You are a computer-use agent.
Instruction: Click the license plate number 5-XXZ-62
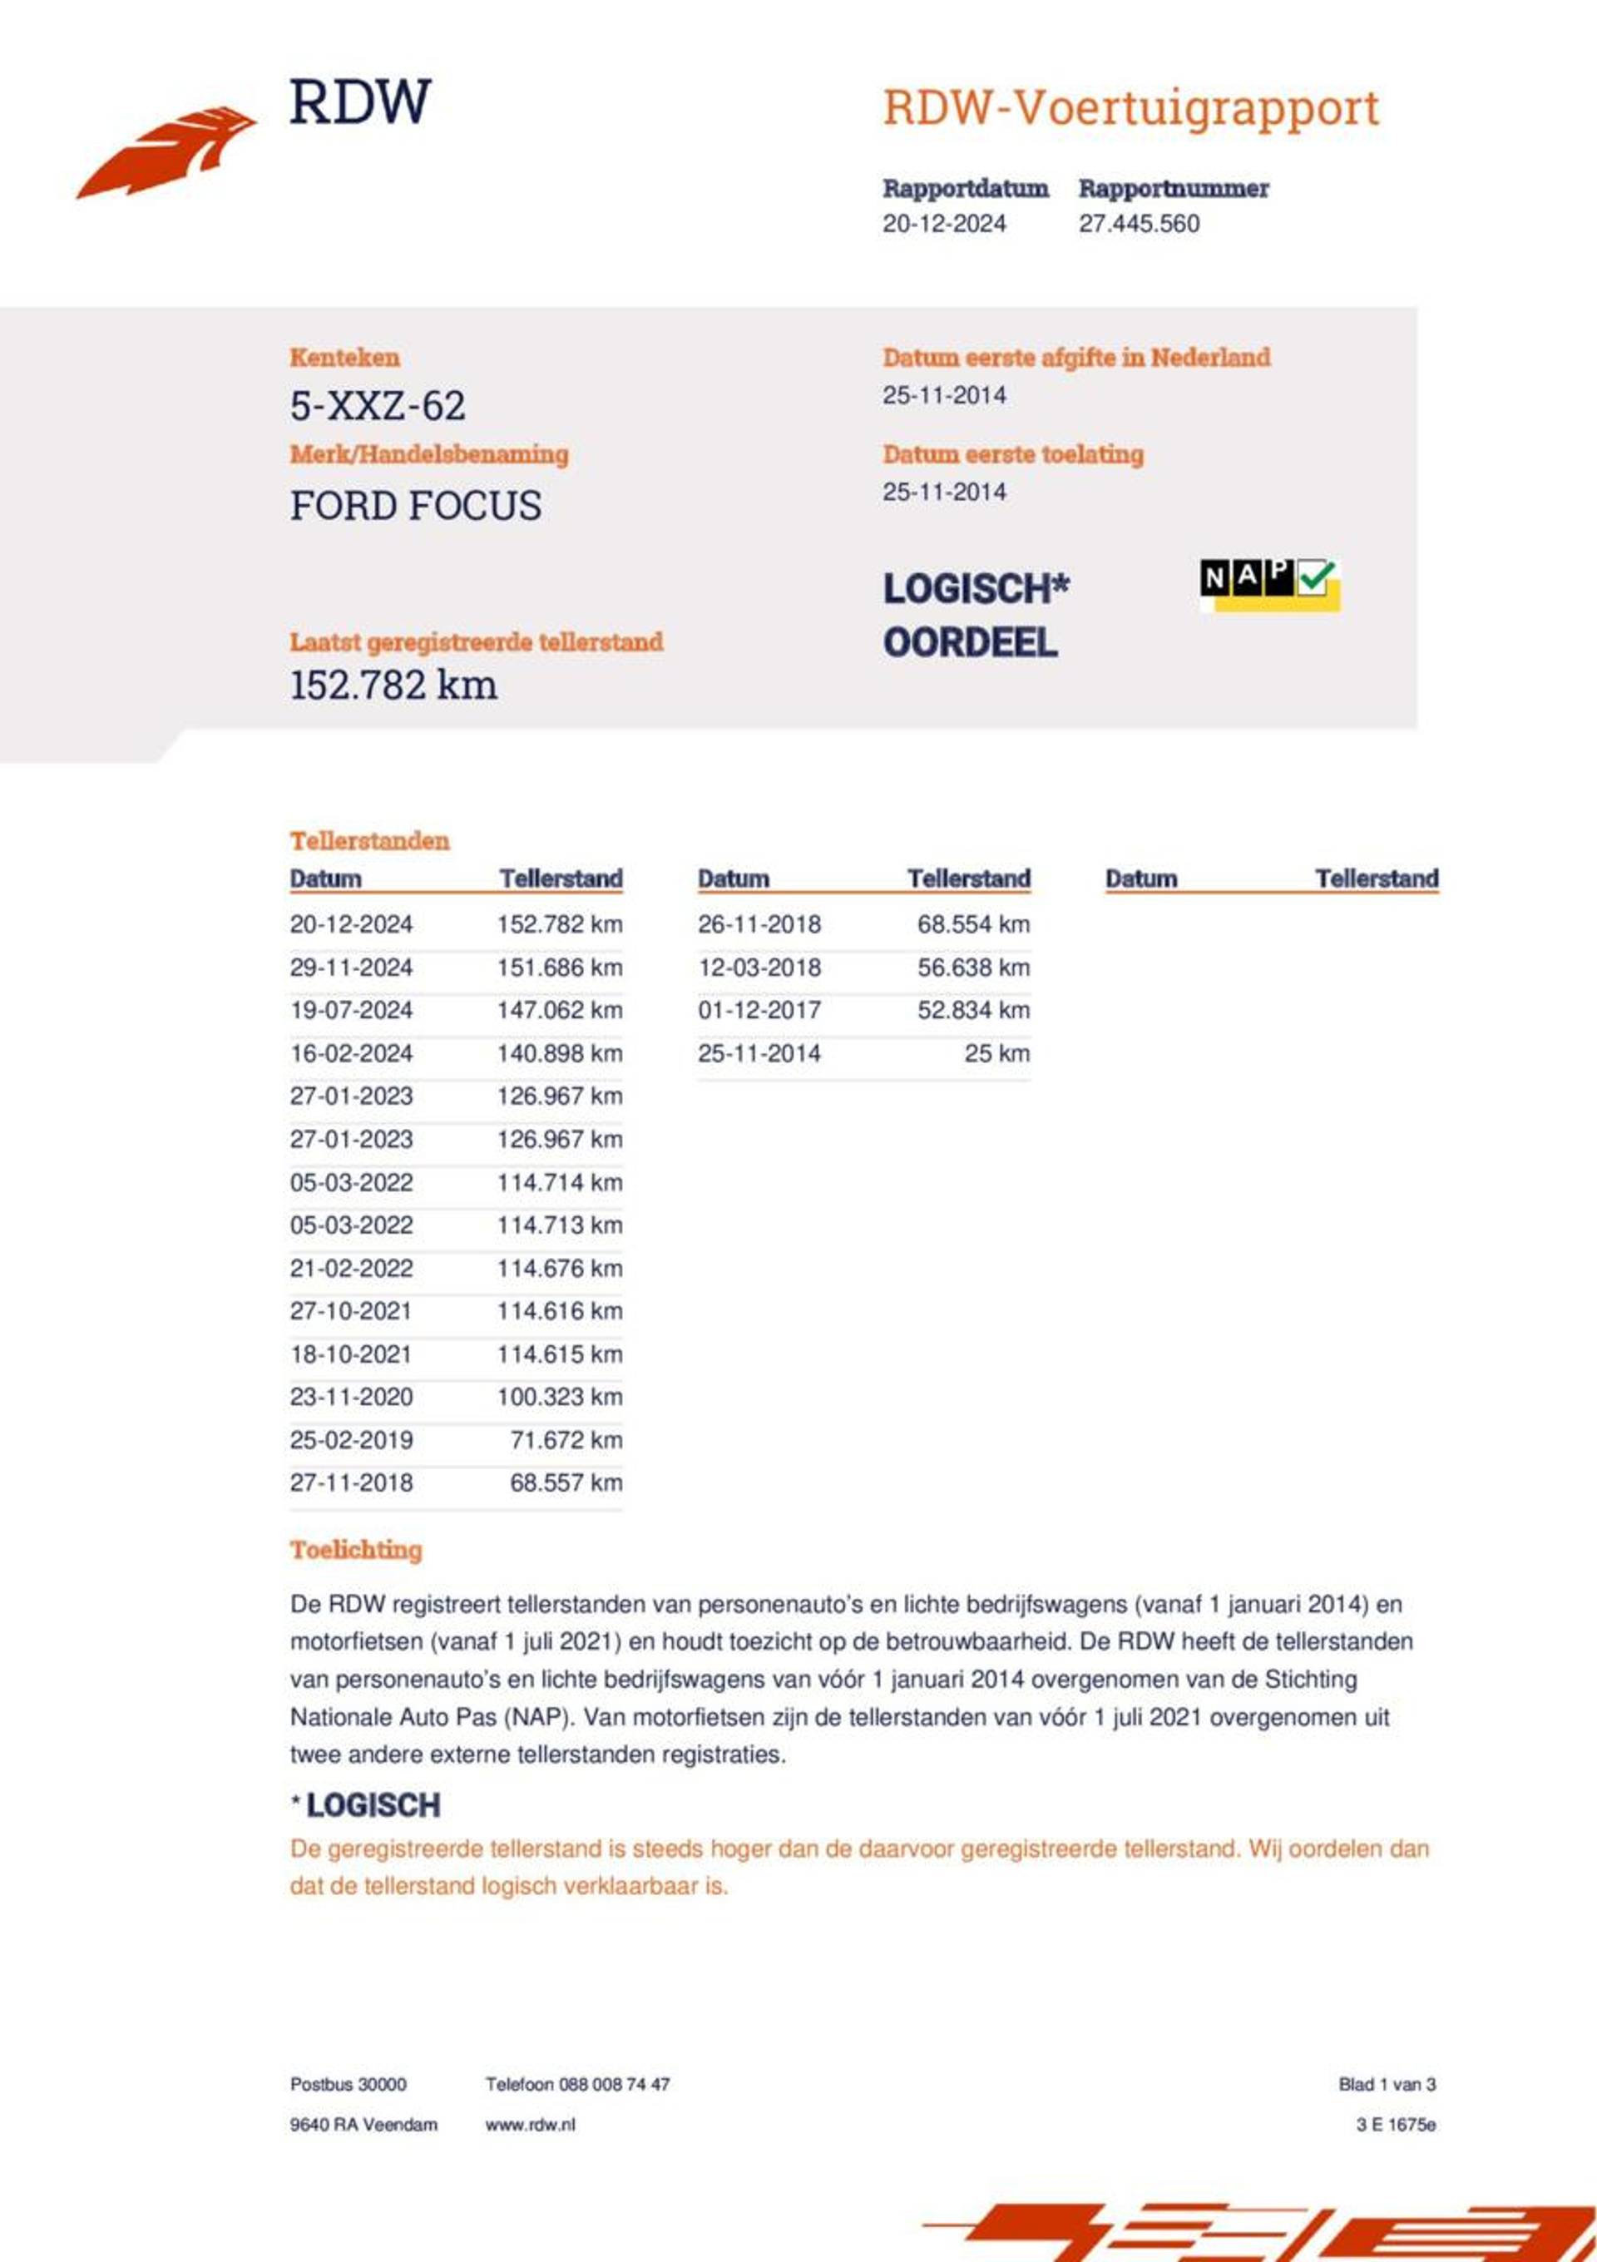pyautogui.click(x=378, y=406)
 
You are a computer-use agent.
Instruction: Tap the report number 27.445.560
pyautogui.click(x=1139, y=224)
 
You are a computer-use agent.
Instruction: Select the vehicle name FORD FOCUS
pyautogui.click(x=415, y=507)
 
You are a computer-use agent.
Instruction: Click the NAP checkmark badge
pyautogui.click(x=1269, y=583)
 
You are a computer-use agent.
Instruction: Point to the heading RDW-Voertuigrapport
pyautogui.click(x=1130, y=108)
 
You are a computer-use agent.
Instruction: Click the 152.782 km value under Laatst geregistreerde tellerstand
pyautogui.click(x=393, y=686)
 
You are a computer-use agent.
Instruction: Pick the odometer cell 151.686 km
pyautogui.click(x=559, y=968)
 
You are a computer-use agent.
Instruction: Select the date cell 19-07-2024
pyautogui.click(x=351, y=1010)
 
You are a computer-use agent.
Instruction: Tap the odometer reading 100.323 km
pyautogui.click(x=559, y=1397)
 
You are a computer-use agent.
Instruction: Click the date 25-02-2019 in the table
pyautogui.click(x=351, y=1439)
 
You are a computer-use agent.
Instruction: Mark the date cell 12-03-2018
pyautogui.click(x=759, y=968)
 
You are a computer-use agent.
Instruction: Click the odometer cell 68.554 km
pyautogui.click(x=972, y=924)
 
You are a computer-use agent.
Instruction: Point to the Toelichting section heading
pyautogui.click(x=356, y=1550)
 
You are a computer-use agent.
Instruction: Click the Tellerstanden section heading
pyautogui.click(x=368, y=840)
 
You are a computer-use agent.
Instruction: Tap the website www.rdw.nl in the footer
pyautogui.click(x=529, y=2125)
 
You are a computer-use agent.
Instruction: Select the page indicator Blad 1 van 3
pyautogui.click(x=1387, y=2085)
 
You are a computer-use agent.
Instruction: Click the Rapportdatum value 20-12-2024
pyautogui.click(x=944, y=224)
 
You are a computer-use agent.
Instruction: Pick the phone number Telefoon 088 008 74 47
pyautogui.click(x=576, y=2085)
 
